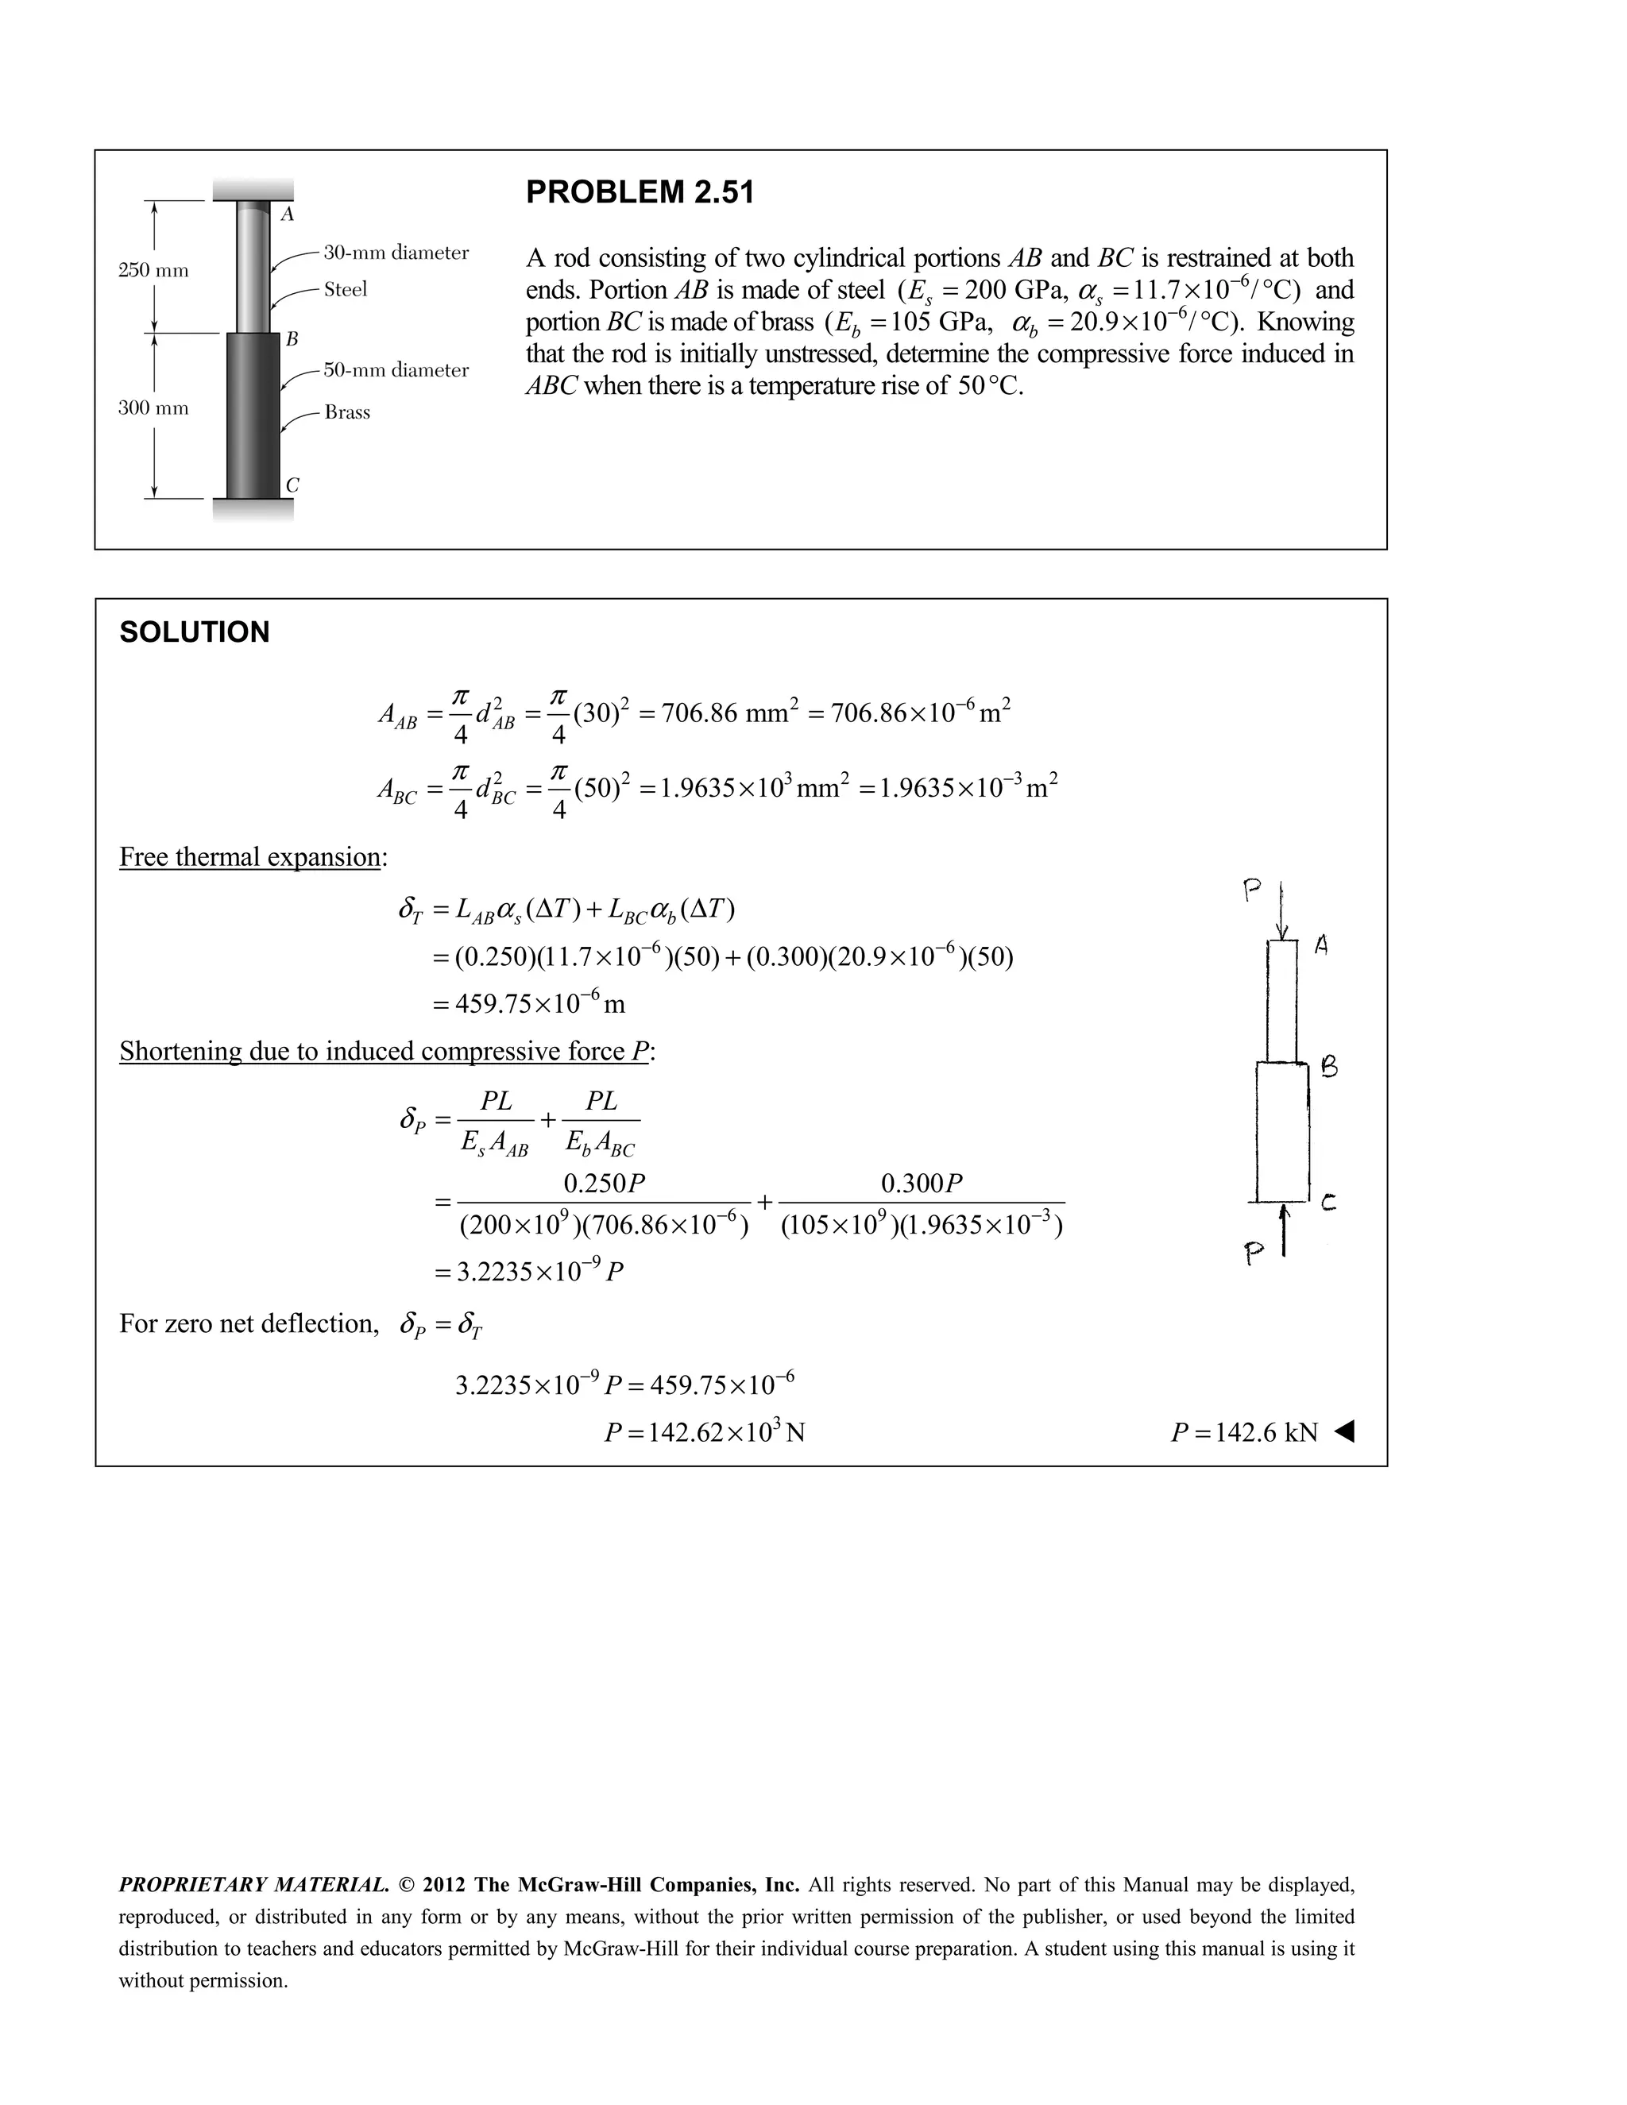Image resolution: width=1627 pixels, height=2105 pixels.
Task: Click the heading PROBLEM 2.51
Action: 640,193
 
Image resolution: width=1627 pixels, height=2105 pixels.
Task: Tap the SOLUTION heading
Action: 195,632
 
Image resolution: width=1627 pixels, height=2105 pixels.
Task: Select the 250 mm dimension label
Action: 153,270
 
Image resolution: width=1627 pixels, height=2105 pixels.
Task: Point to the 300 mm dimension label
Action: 153,407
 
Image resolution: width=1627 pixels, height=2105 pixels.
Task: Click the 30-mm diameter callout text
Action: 396,253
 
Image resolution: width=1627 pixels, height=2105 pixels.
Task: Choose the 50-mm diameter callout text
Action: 396,370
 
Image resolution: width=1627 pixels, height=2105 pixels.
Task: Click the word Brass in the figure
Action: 347,412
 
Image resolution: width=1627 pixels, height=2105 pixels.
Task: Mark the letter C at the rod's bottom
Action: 292,486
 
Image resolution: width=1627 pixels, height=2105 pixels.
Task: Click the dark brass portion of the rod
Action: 253,415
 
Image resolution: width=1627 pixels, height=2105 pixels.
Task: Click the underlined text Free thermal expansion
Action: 250,857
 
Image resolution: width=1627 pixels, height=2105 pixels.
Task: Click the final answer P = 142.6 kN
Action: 1243,1432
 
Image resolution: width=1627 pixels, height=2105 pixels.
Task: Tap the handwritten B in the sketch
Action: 1328,1067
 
